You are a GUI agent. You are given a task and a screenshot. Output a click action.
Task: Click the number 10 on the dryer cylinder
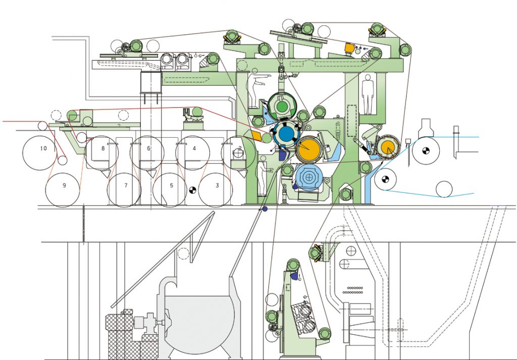[x=43, y=148]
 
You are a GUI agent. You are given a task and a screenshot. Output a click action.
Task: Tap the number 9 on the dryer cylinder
[x=64, y=185]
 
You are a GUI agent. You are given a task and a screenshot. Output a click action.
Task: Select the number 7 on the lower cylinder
[x=126, y=185]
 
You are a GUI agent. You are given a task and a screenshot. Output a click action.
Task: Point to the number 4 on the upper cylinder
[x=194, y=148]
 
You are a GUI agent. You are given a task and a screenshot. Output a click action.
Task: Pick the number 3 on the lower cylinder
[x=217, y=185]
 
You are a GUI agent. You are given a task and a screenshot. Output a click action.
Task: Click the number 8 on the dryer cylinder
[x=103, y=148]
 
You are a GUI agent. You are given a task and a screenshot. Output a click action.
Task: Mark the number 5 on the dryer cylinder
[x=172, y=185]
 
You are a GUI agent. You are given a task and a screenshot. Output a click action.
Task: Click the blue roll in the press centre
[x=286, y=134]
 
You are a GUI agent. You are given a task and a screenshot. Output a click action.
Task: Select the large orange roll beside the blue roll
[x=308, y=149]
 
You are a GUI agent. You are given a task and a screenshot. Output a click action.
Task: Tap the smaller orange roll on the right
[x=388, y=147]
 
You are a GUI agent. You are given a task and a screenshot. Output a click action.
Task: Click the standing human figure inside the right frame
[x=368, y=94]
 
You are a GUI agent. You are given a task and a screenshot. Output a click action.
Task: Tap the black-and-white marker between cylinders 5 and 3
[x=192, y=190]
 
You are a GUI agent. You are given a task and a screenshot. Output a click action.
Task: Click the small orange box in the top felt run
[x=349, y=47]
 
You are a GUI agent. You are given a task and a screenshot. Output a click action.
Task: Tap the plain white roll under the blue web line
[x=444, y=189]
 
